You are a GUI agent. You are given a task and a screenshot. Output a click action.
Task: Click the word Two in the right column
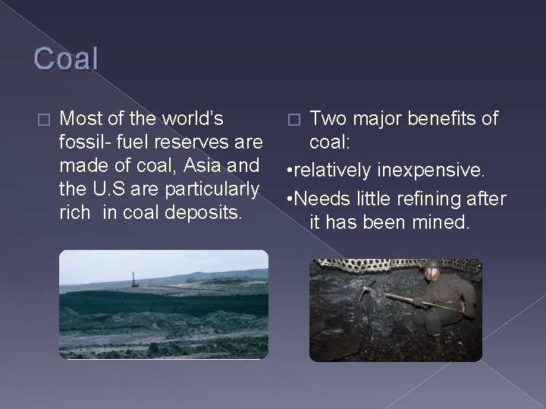(x=328, y=119)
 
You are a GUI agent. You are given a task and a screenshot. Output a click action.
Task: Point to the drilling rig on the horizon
(x=134, y=267)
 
